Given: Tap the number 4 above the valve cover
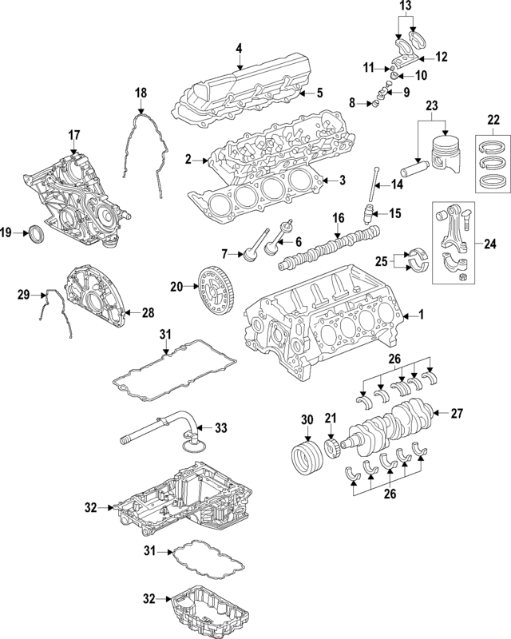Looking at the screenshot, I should click(239, 50).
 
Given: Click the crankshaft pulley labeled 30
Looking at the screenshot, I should click(303, 457).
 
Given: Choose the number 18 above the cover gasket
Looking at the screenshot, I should click(141, 93).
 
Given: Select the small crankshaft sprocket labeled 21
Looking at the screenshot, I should click(331, 443).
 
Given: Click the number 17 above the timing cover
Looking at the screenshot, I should click(74, 134).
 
